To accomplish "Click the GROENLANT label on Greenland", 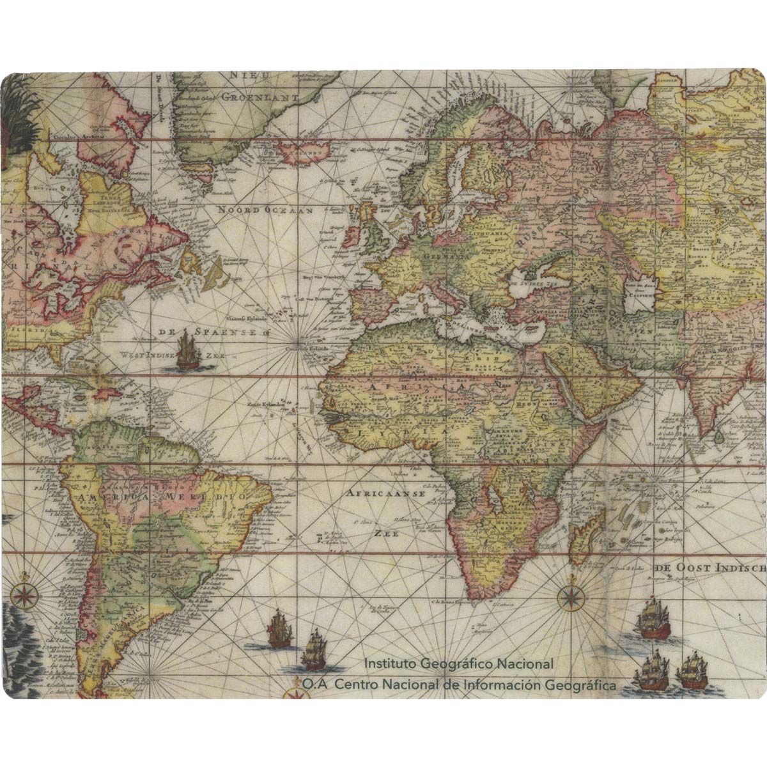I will [x=260, y=98].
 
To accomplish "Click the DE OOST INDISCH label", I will [x=710, y=568].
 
